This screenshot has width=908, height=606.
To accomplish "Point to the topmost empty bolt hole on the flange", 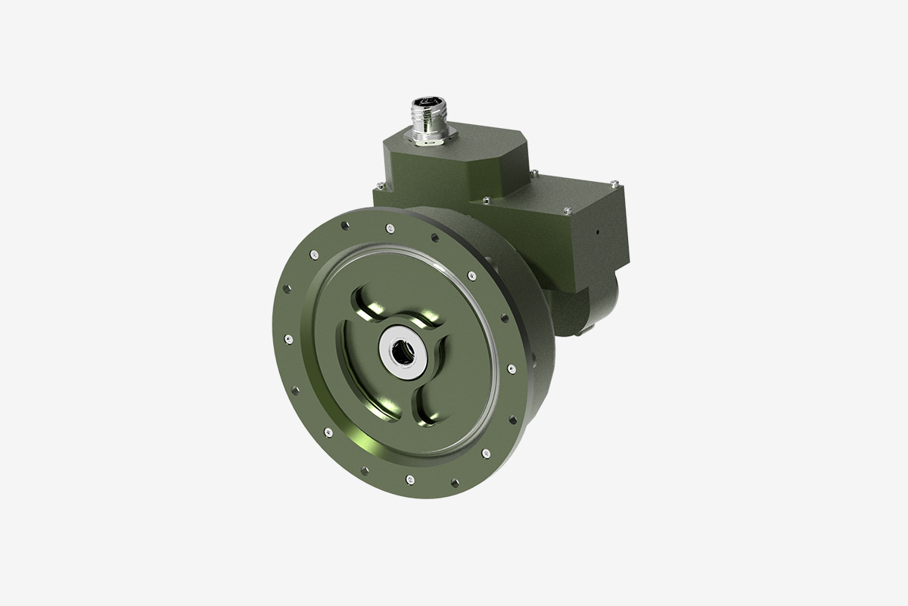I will pos(344,226).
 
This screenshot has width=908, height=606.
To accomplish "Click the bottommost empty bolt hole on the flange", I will pos(452,483).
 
